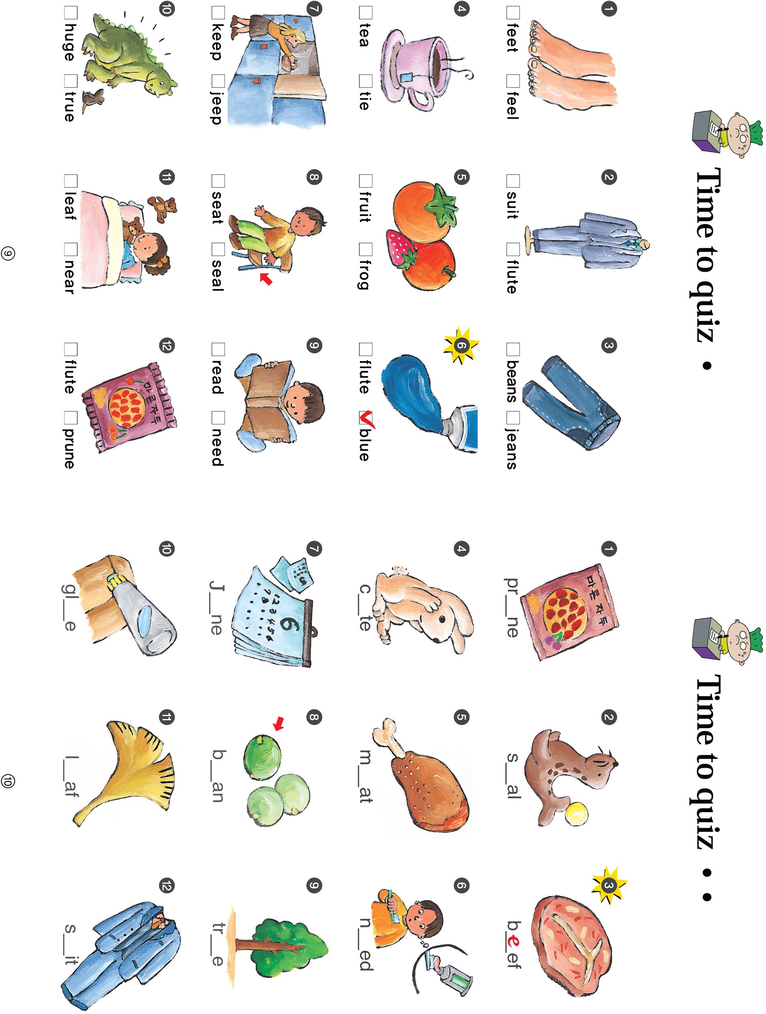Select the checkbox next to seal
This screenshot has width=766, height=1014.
(x=218, y=249)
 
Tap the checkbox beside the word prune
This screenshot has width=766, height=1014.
(x=70, y=418)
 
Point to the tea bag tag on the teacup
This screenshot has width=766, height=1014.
(x=407, y=77)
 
